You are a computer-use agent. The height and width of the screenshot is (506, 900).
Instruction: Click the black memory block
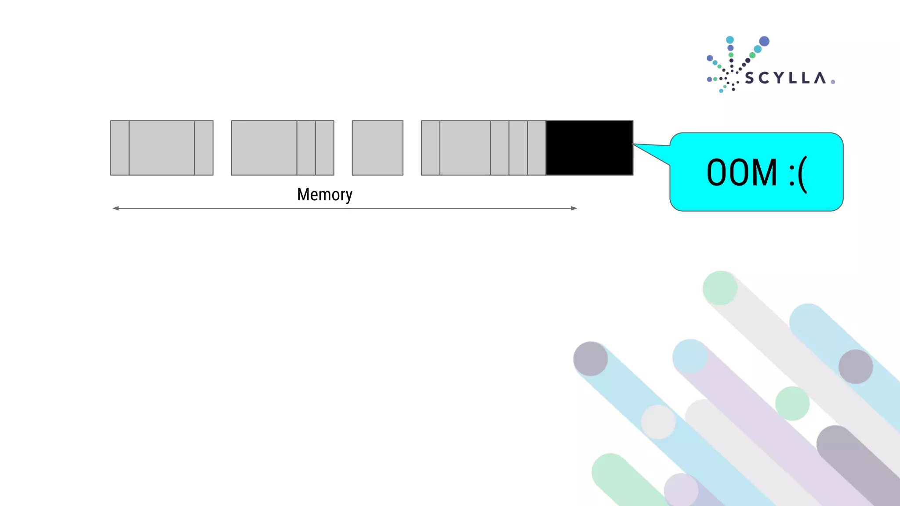tap(589, 148)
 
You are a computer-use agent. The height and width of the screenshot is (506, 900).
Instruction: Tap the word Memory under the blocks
tap(324, 195)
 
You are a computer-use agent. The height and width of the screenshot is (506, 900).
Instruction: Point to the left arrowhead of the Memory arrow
tap(116, 208)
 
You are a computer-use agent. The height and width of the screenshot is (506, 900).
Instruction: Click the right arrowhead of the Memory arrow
tap(574, 208)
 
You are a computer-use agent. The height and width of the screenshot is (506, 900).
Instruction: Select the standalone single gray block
tap(377, 148)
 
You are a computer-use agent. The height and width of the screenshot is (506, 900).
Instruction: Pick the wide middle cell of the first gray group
tap(162, 148)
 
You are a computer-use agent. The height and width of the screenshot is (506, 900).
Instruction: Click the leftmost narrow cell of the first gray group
tap(120, 148)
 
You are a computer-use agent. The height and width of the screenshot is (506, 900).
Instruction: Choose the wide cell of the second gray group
tap(264, 148)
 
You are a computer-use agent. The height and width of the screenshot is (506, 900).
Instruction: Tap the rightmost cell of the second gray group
tap(325, 148)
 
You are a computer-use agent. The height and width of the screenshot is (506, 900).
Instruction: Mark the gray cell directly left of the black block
tap(537, 148)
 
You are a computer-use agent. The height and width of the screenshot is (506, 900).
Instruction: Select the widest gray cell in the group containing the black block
tap(465, 148)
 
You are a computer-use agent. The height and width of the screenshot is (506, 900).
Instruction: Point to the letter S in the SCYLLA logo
tap(750, 79)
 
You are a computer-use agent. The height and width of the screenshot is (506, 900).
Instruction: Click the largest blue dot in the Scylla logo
tap(764, 41)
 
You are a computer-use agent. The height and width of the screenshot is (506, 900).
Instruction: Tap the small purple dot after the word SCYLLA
tap(833, 82)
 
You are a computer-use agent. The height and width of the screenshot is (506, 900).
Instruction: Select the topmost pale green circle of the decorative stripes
tap(720, 288)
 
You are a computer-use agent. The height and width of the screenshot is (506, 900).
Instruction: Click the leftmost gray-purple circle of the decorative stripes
tap(591, 359)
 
